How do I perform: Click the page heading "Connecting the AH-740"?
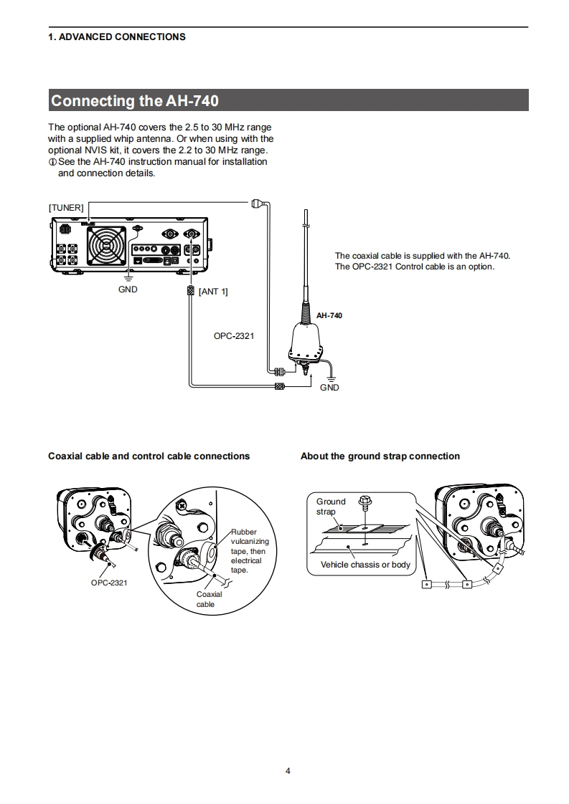pyautogui.click(x=134, y=100)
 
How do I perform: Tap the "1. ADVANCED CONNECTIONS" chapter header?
pyautogui.click(x=116, y=37)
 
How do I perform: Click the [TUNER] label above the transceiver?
pyautogui.click(x=66, y=207)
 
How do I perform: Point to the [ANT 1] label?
pyautogui.click(x=213, y=291)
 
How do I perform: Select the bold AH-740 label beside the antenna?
pyautogui.click(x=329, y=315)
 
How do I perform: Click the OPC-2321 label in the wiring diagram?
pyautogui.click(x=234, y=335)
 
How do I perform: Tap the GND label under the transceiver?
pyautogui.click(x=128, y=289)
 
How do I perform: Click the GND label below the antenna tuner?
pyautogui.click(x=329, y=388)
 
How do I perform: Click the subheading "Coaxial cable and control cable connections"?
pyautogui.click(x=149, y=456)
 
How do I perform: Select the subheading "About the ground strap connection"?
pyautogui.click(x=380, y=456)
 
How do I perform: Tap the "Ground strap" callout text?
pyautogui.click(x=330, y=506)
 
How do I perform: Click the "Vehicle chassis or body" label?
pyautogui.click(x=365, y=565)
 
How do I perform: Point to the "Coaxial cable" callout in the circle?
pyautogui.click(x=209, y=599)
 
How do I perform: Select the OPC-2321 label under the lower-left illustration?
pyautogui.click(x=109, y=583)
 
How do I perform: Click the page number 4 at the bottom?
pyautogui.click(x=288, y=771)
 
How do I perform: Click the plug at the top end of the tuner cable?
pyautogui.click(x=259, y=204)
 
